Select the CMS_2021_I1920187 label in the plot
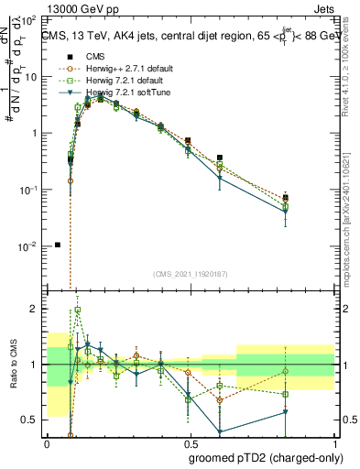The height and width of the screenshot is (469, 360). (190, 273)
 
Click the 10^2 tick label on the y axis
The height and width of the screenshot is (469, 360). (29, 19)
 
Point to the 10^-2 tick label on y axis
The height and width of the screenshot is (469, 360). (29, 246)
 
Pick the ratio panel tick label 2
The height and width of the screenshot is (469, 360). (36, 309)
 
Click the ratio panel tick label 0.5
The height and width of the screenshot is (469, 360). (31, 420)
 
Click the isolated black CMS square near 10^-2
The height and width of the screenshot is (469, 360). (58, 245)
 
